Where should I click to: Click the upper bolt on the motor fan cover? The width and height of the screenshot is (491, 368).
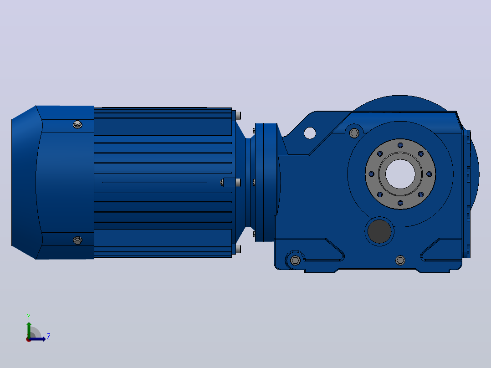pyautogui.click(x=77, y=124)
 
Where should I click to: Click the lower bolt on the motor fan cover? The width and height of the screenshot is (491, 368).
pyautogui.click(x=77, y=240)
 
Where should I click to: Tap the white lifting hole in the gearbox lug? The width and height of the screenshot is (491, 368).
pyautogui.click(x=310, y=133)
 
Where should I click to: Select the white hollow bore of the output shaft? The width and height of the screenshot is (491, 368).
pyautogui.click(x=400, y=174)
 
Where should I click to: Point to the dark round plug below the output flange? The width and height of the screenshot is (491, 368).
pyautogui.click(x=379, y=231)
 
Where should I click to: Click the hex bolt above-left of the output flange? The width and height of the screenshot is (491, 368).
pyautogui.click(x=354, y=133)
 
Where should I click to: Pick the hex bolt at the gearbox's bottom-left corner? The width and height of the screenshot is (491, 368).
pyautogui.click(x=295, y=260)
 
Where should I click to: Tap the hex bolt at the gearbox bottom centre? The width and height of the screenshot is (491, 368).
pyautogui.click(x=400, y=260)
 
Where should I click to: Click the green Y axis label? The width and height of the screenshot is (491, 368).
pyautogui.click(x=29, y=317)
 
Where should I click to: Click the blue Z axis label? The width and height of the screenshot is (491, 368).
pyautogui.click(x=49, y=337)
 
